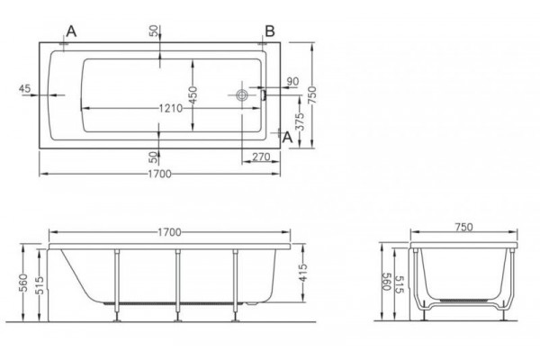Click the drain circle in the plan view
tap(242, 94)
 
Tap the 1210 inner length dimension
tap(170, 108)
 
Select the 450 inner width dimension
tap(193, 95)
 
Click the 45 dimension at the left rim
tap(24, 88)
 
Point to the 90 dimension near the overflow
tap(292, 82)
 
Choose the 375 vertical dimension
tap(301, 121)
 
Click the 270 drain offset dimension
tap(261, 157)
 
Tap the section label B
tap(270, 31)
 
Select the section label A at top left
tap(71, 31)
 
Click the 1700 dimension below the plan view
tap(159, 174)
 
